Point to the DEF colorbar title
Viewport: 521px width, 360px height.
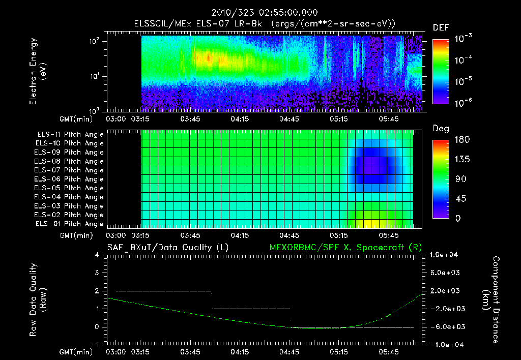tap(441, 27)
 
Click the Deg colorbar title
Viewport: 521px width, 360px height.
tap(441, 129)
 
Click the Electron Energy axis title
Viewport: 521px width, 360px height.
tap(38, 73)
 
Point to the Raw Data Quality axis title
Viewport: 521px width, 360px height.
tap(38, 300)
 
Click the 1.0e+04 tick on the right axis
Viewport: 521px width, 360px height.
tap(446, 255)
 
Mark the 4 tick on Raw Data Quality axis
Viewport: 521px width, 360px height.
tap(97, 255)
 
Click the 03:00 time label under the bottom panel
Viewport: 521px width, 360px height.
tap(115, 352)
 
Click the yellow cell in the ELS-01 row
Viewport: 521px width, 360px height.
tap(371, 224)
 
